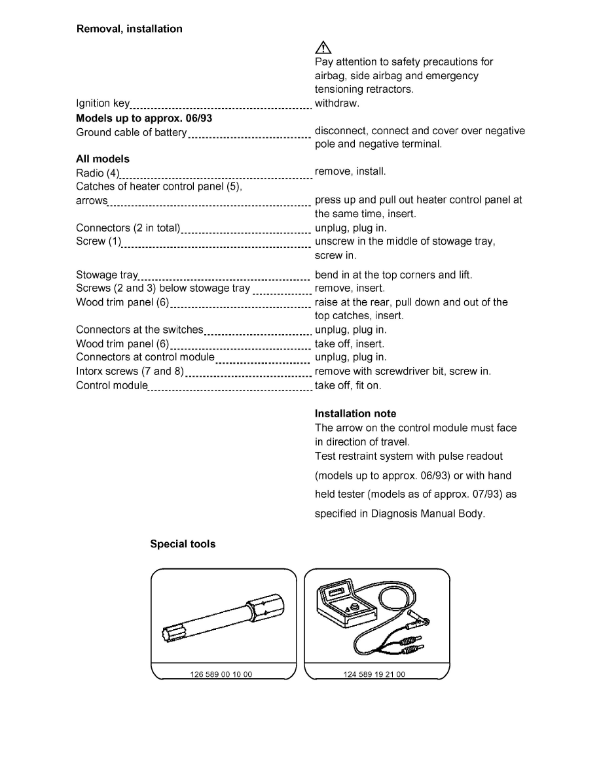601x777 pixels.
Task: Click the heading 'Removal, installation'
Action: click(x=130, y=29)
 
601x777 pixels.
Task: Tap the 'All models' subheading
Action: click(x=103, y=159)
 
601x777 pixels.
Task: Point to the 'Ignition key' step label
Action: click(x=103, y=104)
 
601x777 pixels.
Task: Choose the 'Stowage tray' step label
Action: click(x=107, y=275)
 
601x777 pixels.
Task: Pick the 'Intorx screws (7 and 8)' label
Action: click(x=130, y=371)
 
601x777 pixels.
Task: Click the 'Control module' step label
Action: click(x=112, y=385)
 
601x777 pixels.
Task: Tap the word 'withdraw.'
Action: click(x=337, y=103)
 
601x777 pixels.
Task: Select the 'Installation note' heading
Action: click(x=355, y=414)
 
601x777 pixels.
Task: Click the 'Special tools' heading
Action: click(x=183, y=544)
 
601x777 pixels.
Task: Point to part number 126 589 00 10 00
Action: click(x=221, y=674)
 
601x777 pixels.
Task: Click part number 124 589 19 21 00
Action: click(x=374, y=674)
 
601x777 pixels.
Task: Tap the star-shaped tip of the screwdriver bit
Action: click(x=168, y=633)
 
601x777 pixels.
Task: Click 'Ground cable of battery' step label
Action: click(x=131, y=132)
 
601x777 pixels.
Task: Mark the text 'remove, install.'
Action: click(x=350, y=172)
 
